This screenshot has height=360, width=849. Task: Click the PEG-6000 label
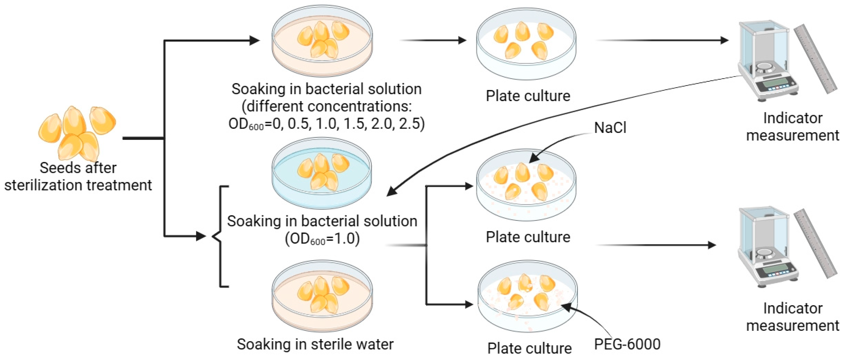[x=627, y=344]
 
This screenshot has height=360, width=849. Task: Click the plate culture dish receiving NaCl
[x=526, y=185]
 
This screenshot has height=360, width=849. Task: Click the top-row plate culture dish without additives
[x=526, y=44]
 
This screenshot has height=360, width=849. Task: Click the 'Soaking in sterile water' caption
[x=315, y=344]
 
